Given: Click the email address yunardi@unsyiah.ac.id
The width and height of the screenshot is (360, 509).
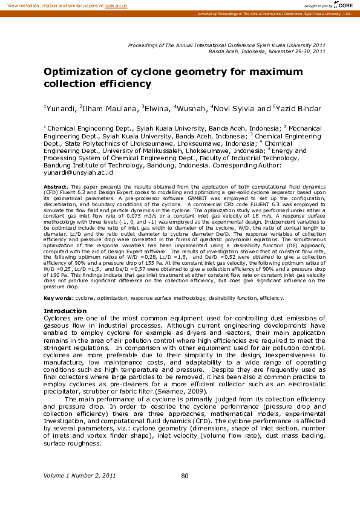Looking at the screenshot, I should [79, 172].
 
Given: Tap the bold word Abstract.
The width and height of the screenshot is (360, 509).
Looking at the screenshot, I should [56, 187].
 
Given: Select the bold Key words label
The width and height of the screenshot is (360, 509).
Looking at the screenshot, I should [59, 299].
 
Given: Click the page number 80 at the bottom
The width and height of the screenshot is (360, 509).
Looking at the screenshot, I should [185, 476].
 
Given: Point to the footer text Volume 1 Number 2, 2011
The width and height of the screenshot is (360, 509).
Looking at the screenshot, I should [79, 476].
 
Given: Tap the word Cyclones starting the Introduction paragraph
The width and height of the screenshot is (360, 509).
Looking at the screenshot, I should [59, 318].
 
